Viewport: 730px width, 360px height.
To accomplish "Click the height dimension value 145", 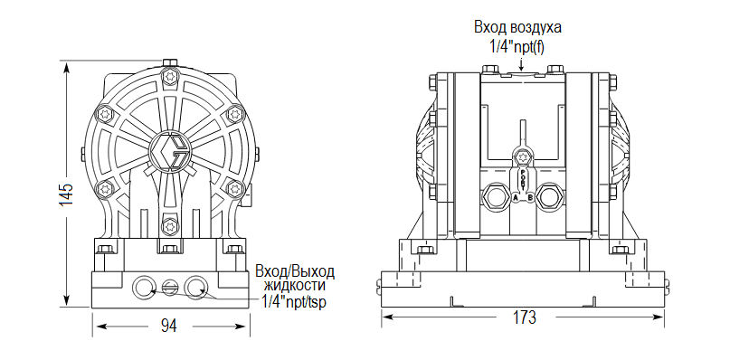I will [x=65, y=196].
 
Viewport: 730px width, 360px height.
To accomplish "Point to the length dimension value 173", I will [x=524, y=318].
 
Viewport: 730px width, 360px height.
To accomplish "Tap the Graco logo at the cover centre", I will [x=169, y=150].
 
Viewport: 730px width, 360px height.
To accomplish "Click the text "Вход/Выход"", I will [x=295, y=271].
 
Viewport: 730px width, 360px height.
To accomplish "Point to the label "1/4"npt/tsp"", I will [x=294, y=301].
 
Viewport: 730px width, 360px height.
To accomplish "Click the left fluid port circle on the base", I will [x=144, y=288].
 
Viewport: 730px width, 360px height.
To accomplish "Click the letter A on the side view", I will [x=515, y=196].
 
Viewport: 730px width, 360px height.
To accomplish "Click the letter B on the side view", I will [x=530, y=196].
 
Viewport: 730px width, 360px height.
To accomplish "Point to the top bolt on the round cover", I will [x=168, y=75].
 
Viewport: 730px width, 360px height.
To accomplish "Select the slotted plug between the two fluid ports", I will [x=170, y=288].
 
